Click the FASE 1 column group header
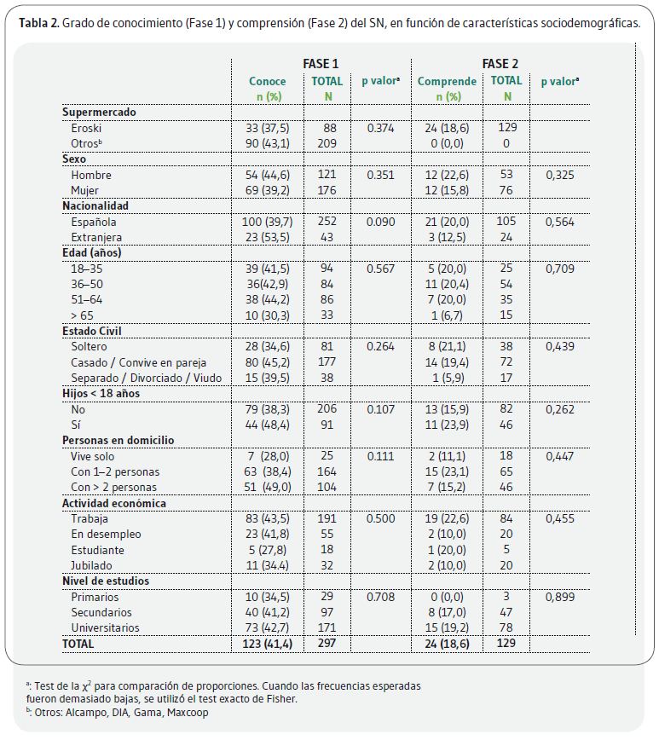321,64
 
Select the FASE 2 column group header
500,64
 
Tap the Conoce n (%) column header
268,89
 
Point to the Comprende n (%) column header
447,89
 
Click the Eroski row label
86,129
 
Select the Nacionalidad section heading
95,205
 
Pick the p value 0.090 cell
380,222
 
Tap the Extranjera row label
96,237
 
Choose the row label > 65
82,315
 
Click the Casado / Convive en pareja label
139,362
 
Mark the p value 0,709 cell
560,269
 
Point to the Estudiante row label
98,550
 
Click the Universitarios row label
105,627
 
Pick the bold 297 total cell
327,643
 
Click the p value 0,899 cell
560,597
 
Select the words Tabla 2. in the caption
39,23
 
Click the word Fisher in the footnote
282,699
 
